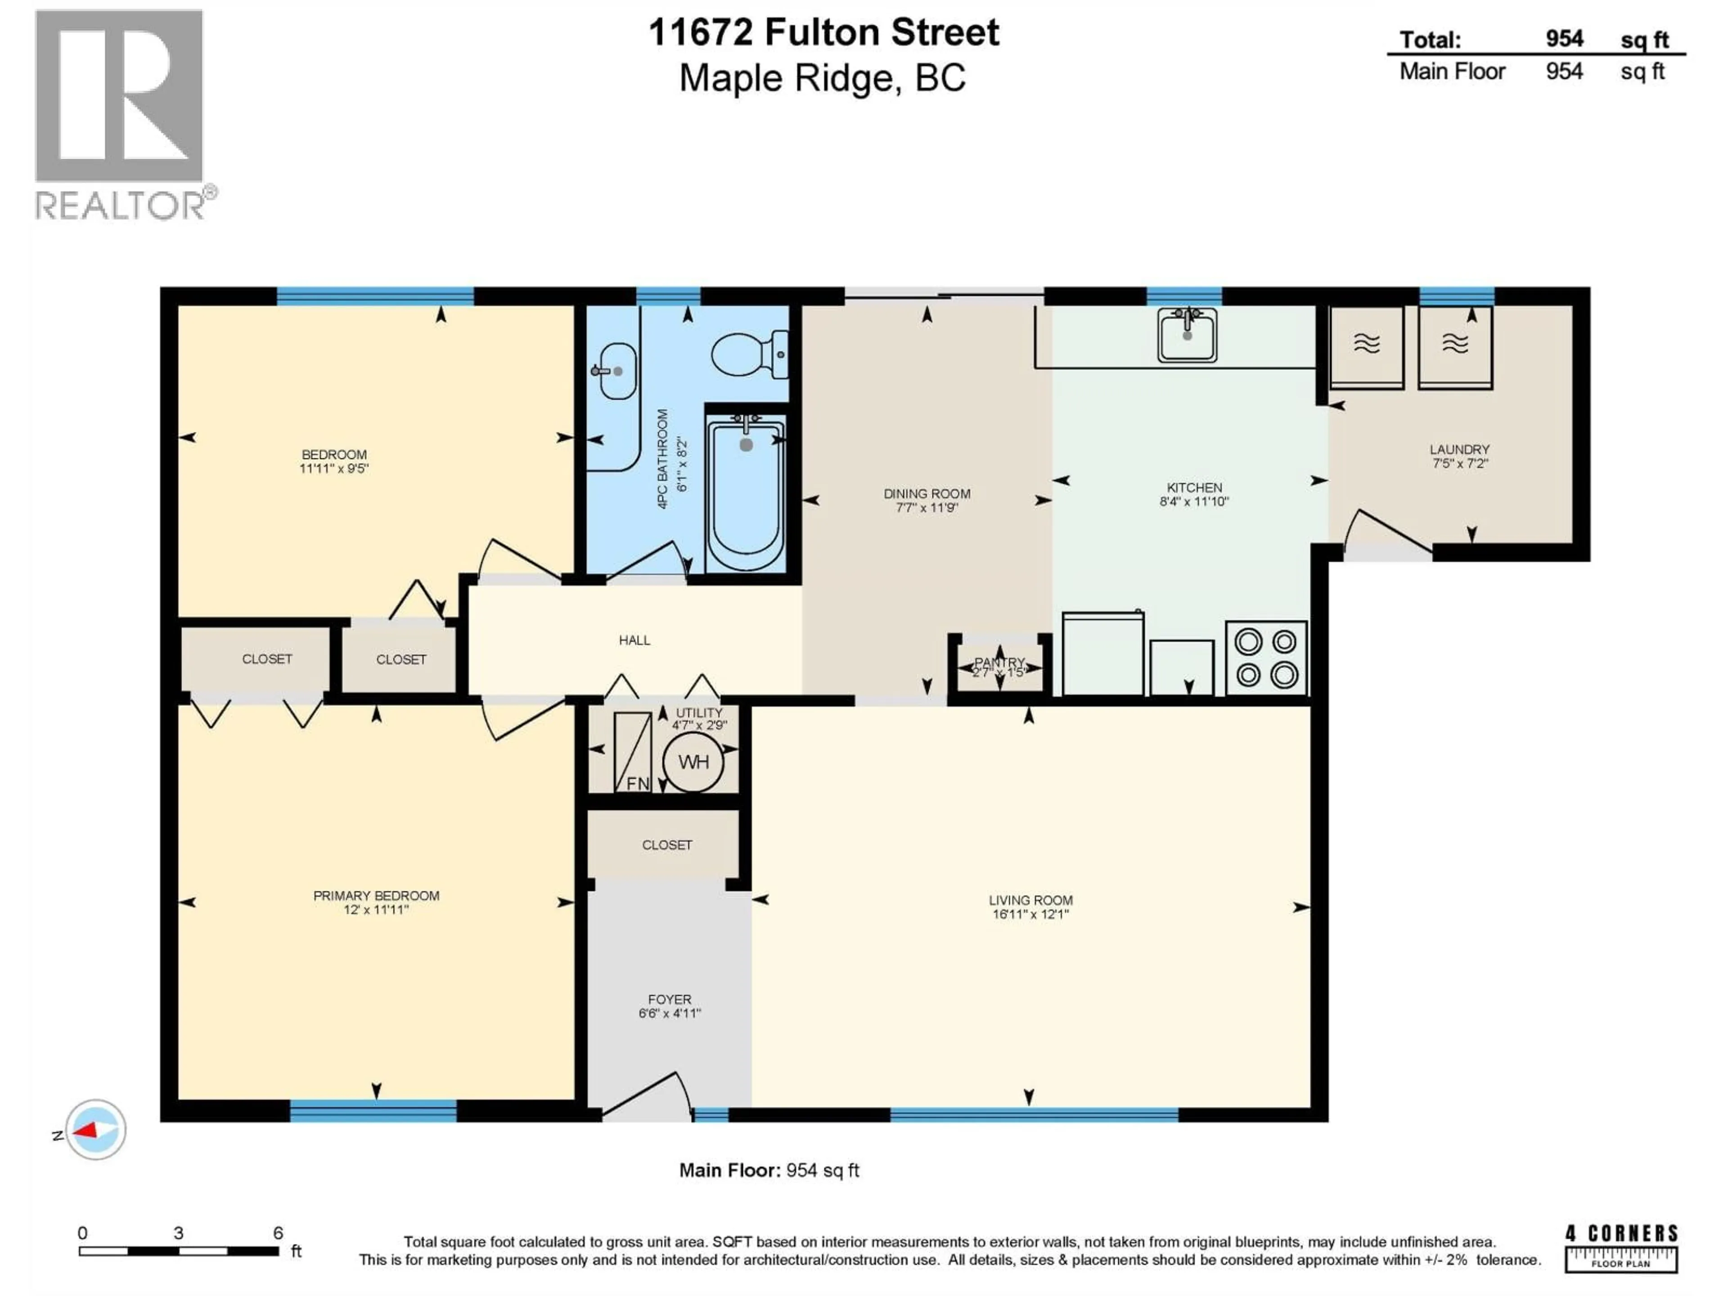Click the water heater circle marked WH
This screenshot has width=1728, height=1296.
tap(693, 762)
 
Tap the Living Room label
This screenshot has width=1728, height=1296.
tap(1030, 900)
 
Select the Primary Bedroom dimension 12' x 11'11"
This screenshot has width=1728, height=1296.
tap(376, 910)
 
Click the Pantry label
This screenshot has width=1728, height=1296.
tap(999, 662)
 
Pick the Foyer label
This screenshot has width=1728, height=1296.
tap(670, 999)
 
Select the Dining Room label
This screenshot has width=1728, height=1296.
tap(927, 494)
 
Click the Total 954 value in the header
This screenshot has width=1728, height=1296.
tap(1564, 39)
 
